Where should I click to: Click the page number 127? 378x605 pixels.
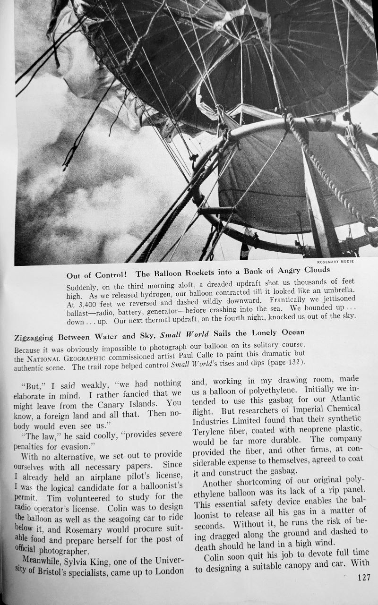(x=364, y=578)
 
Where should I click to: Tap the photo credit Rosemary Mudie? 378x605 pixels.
(x=336, y=261)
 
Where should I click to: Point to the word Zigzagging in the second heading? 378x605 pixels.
(x=35, y=338)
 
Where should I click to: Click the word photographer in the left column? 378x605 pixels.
(x=59, y=550)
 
